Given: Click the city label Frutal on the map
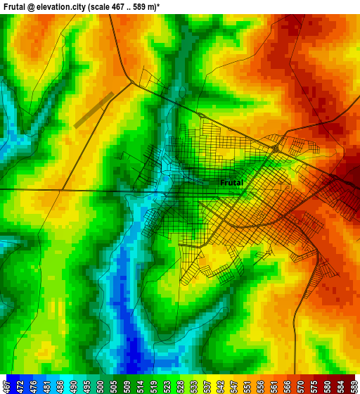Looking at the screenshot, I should pos(231,183).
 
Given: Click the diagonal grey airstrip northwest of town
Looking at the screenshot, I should pos(94,109).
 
